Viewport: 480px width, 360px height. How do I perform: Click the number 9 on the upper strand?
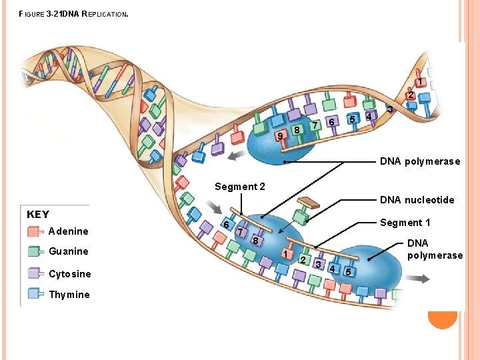(281, 136)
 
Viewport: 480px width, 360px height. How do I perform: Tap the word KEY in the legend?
(38, 214)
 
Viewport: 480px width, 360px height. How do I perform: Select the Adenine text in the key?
(68, 231)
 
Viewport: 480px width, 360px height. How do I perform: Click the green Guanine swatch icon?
(35, 251)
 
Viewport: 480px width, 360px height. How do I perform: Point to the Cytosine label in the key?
(69, 274)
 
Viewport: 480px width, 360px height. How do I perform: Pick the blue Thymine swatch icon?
(35, 293)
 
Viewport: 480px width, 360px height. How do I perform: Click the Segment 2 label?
(239, 187)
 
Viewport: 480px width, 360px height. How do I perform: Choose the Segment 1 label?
(405, 223)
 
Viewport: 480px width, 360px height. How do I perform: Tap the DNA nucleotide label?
(417, 200)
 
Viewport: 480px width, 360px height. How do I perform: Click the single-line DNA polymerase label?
(419, 161)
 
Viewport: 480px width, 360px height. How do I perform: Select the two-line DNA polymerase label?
(434, 249)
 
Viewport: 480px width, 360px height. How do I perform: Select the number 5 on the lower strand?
(347, 271)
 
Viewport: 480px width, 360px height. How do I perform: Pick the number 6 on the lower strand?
(227, 225)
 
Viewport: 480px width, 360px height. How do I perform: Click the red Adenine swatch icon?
(35, 231)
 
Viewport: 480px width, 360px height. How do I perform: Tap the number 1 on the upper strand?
(420, 82)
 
